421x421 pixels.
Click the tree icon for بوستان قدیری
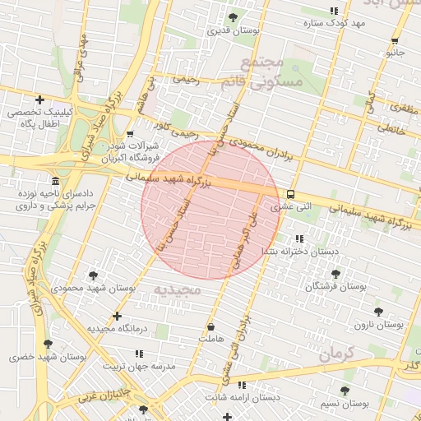click(x=233, y=17)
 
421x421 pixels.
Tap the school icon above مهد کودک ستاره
click(x=334, y=11)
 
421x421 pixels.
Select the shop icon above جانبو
click(x=396, y=40)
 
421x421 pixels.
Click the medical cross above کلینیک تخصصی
click(x=39, y=99)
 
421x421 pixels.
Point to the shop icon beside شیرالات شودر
click(x=130, y=133)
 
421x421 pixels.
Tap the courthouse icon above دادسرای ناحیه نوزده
click(x=55, y=181)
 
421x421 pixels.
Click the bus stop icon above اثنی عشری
click(x=291, y=194)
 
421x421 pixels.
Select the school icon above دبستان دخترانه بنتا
click(x=298, y=238)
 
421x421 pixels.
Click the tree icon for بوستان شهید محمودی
click(x=92, y=275)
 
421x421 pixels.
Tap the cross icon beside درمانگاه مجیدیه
click(x=117, y=316)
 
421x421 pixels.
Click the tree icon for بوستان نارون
click(x=378, y=312)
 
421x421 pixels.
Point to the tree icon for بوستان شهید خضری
click(x=47, y=344)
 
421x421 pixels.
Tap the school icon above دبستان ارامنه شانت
click(x=241, y=385)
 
